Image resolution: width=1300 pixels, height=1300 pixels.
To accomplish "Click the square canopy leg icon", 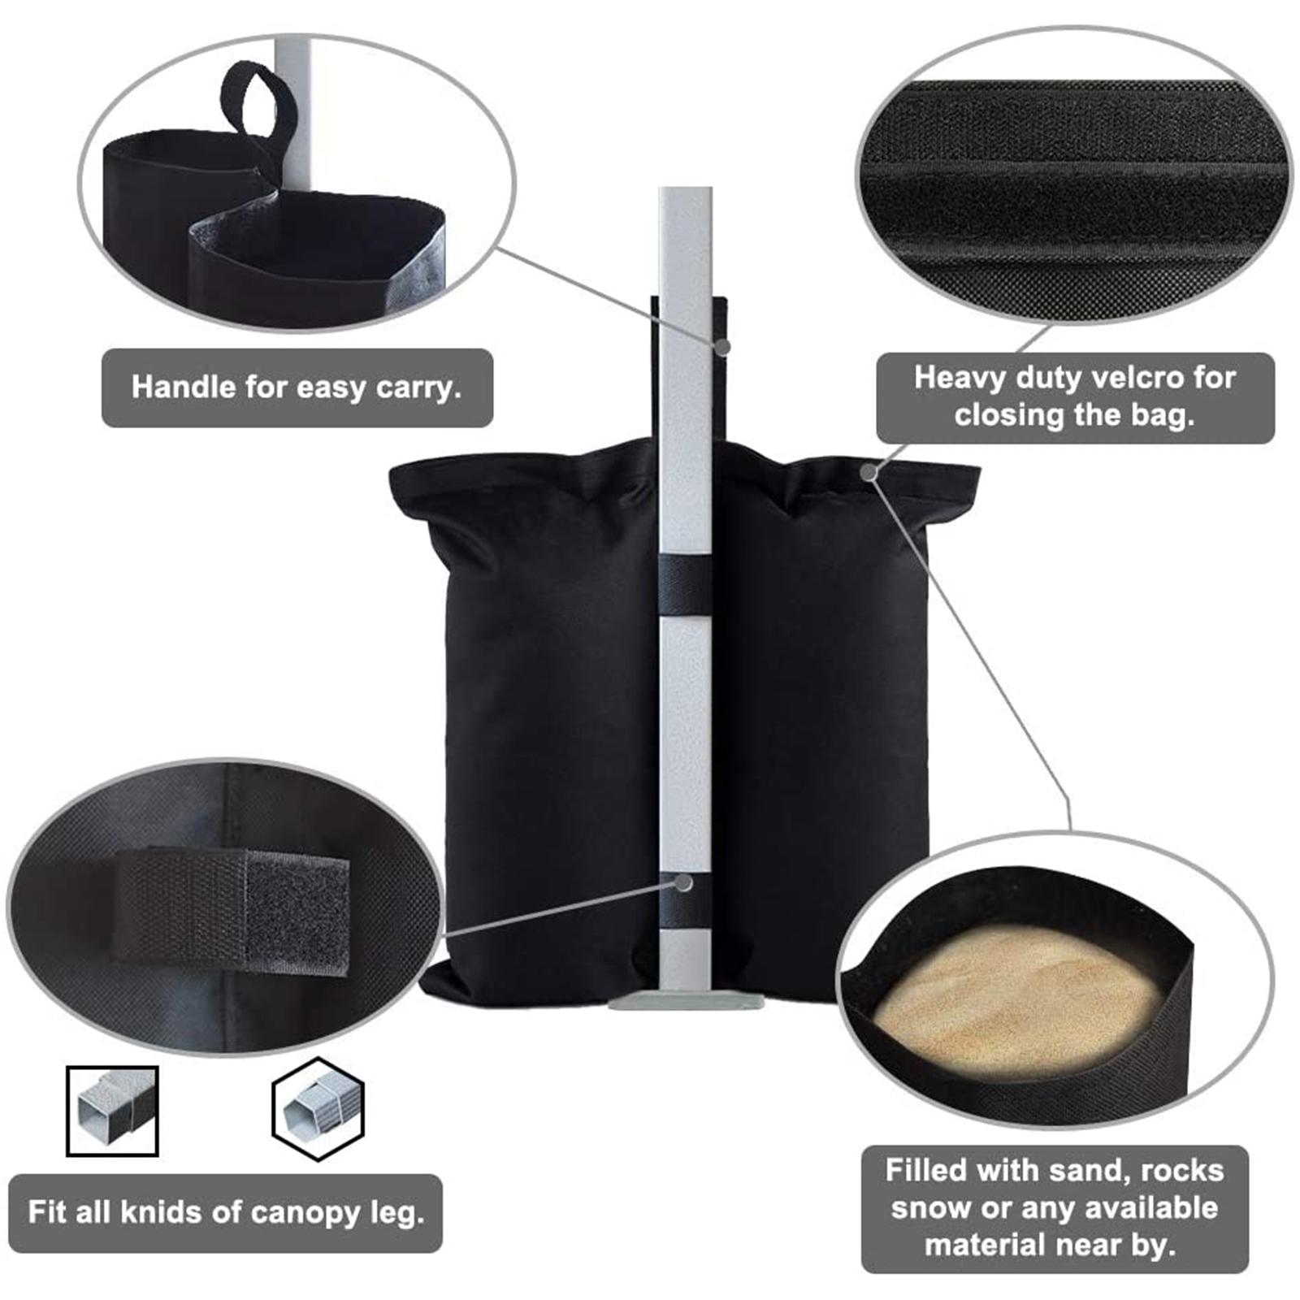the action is (x=112, y=1111).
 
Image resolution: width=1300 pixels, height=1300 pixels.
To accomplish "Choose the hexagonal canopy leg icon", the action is (x=318, y=1109).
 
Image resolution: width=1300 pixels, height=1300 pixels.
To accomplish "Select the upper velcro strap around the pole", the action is (x=687, y=585).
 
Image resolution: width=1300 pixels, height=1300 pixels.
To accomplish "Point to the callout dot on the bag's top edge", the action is (x=869, y=471).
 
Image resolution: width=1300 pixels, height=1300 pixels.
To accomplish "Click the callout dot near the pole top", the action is (x=722, y=346).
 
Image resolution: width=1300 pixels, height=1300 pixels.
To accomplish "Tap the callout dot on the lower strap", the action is (x=684, y=882).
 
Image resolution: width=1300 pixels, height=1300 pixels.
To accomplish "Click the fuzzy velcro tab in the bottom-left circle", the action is (x=297, y=911).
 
